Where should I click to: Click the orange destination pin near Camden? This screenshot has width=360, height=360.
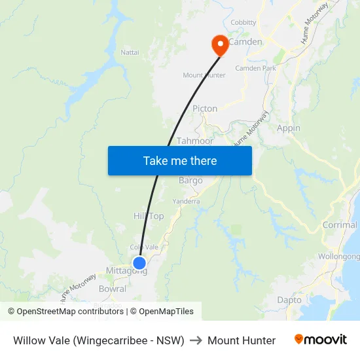[x=219, y=45]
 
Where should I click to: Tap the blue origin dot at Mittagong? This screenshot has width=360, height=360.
[x=139, y=262]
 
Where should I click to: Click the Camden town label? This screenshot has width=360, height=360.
[x=245, y=42]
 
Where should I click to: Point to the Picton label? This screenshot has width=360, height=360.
[x=205, y=109]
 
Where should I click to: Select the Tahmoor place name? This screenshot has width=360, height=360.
[x=195, y=141]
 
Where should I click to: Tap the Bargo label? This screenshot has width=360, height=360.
[x=190, y=181]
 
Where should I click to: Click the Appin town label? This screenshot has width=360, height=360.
[x=289, y=128]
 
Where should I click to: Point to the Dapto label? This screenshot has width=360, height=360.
[x=289, y=300]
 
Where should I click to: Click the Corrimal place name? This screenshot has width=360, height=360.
[x=340, y=225]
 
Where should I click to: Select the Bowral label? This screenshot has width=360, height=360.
[x=112, y=289]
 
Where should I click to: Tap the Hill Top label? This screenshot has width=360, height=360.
[x=149, y=216]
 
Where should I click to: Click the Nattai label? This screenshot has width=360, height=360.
[x=130, y=52]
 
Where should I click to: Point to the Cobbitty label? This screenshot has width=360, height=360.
[x=243, y=22]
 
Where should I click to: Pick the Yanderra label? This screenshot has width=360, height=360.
[x=186, y=202]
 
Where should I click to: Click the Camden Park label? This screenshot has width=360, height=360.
[x=255, y=68]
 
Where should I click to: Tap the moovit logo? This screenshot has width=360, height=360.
[x=321, y=340]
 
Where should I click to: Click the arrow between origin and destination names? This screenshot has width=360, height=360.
[x=196, y=340]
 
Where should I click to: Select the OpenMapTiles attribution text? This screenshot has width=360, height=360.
[x=166, y=312]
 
